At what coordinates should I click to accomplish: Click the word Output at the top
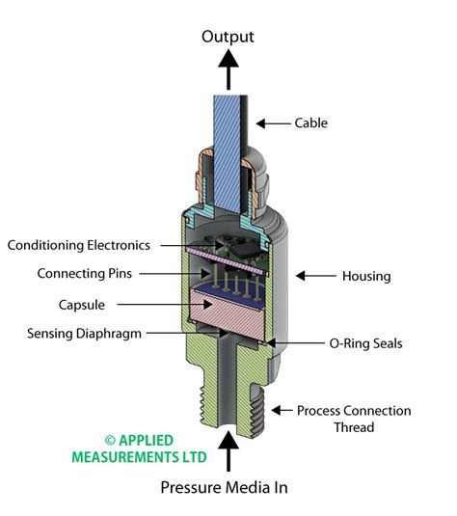[x=228, y=37]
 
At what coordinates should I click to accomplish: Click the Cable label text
[x=309, y=123]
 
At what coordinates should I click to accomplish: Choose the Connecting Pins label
[x=84, y=274]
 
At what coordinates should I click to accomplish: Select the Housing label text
[x=366, y=276]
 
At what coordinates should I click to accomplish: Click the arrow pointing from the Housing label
[x=313, y=276]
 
